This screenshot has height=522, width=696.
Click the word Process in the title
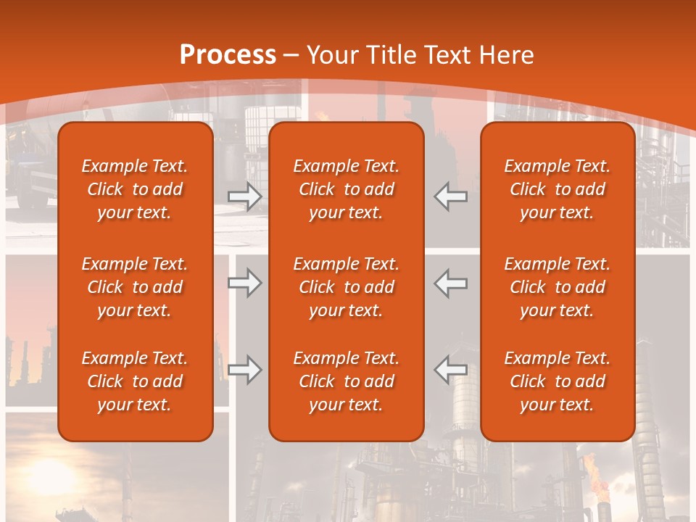228,54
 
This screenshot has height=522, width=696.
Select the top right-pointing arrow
244,196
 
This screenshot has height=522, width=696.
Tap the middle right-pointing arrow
244,283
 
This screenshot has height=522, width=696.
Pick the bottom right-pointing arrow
244,370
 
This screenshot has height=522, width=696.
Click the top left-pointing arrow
451,196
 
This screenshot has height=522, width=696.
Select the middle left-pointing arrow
451,283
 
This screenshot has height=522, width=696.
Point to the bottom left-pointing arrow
451,370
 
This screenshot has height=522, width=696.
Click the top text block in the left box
135,189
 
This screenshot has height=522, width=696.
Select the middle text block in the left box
135,287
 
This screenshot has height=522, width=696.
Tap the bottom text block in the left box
135,381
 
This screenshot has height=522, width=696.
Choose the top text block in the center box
346,189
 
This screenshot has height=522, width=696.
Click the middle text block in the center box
346,287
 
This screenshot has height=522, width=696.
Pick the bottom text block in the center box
346,381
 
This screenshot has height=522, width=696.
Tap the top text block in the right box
557,189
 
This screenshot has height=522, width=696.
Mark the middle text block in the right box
557,287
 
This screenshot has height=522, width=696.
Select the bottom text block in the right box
557,381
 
